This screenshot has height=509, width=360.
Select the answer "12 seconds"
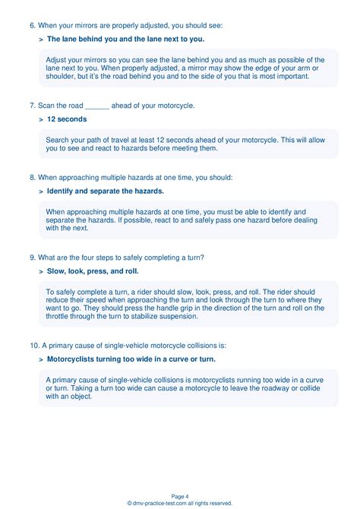[x=67, y=119]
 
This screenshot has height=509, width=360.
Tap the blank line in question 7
[x=97, y=106]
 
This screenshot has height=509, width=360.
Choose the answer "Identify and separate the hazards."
[x=105, y=191]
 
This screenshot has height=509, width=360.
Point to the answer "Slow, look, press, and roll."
[x=93, y=270]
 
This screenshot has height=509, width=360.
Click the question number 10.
[x=34, y=345]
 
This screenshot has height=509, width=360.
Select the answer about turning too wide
[x=131, y=359]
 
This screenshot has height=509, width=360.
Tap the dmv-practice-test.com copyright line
[x=180, y=503]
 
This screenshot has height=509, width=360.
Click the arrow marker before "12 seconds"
[x=41, y=119]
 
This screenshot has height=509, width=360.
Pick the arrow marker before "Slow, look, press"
[x=41, y=270]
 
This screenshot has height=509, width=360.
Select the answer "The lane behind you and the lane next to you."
[x=125, y=39]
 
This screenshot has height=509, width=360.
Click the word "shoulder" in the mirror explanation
[x=62, y=77]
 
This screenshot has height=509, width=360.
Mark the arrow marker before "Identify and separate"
[x=41, y=191]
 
